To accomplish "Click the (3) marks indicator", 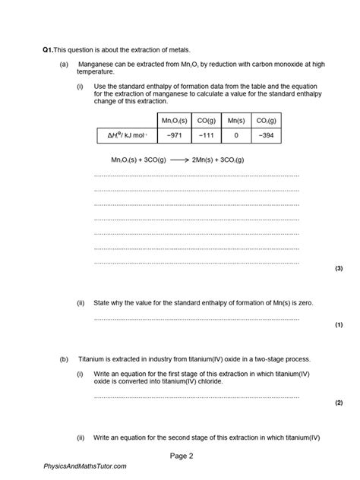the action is point(339,268).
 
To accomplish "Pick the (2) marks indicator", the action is point(339,403).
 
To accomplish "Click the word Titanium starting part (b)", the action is point(93,358).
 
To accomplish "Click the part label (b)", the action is point(65,358).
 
